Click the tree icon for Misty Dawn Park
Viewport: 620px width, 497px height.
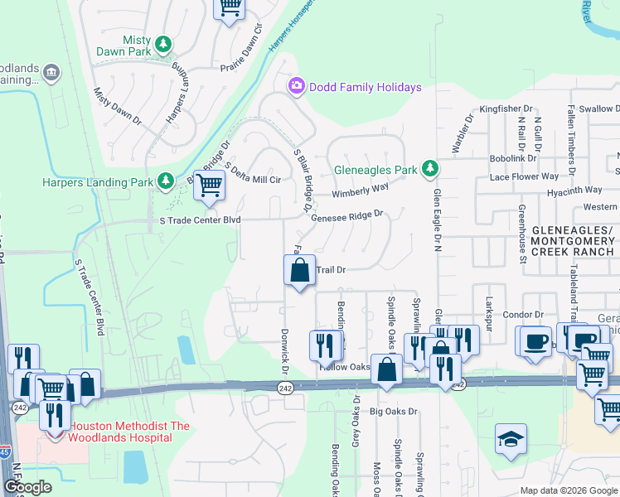point(164,44)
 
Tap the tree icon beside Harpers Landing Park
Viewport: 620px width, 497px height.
point(166,181)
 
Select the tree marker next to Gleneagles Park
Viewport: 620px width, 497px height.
point(429,169)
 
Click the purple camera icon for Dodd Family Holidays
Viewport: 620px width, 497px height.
point(296,86)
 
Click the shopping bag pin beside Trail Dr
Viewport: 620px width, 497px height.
point(300,270)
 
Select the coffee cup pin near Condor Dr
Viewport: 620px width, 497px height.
point(535,340)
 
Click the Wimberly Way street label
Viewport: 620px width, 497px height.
point(361,190)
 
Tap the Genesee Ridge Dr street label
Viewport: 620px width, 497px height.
point(347,215)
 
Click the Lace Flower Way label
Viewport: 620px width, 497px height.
point(524,176)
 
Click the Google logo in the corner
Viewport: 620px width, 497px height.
point(27,487)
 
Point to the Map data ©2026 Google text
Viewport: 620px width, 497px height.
point(568,490)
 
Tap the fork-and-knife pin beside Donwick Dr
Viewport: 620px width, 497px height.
point(325,344)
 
